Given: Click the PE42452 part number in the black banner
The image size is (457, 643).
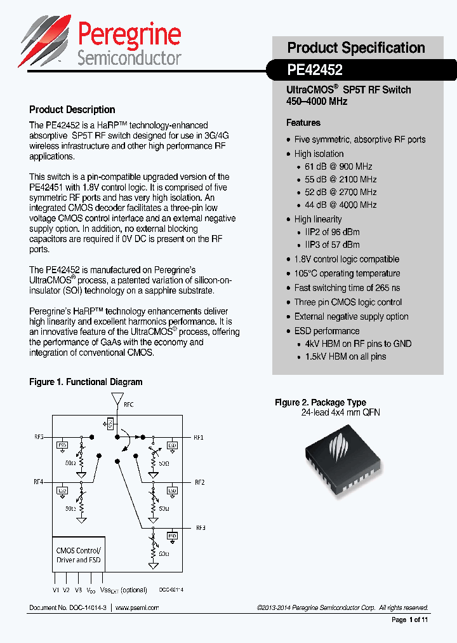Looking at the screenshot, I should click(x=315, y=70).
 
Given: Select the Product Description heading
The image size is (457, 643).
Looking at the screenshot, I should click(x=72, y=109).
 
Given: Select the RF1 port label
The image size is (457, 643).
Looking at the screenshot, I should click(x=199, y=437).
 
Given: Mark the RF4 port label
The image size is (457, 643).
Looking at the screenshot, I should click(x=38, y=482).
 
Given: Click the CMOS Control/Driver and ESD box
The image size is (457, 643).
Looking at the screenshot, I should click(x=79, y=555).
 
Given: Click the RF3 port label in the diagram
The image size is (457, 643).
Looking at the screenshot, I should click(x=201, y=528).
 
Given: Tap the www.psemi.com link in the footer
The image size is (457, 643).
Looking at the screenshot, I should click(x=137, y=607).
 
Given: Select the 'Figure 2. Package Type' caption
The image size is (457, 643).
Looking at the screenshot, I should click(x=320, y=402).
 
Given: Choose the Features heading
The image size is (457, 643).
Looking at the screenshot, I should click(x=303, y=123).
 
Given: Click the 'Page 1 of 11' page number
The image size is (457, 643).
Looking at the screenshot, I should click(x=410, y=619).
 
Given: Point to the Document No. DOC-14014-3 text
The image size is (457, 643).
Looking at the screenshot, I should click(x=68, y=607).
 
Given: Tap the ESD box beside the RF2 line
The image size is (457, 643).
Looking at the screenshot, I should click(x=172, y=490).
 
